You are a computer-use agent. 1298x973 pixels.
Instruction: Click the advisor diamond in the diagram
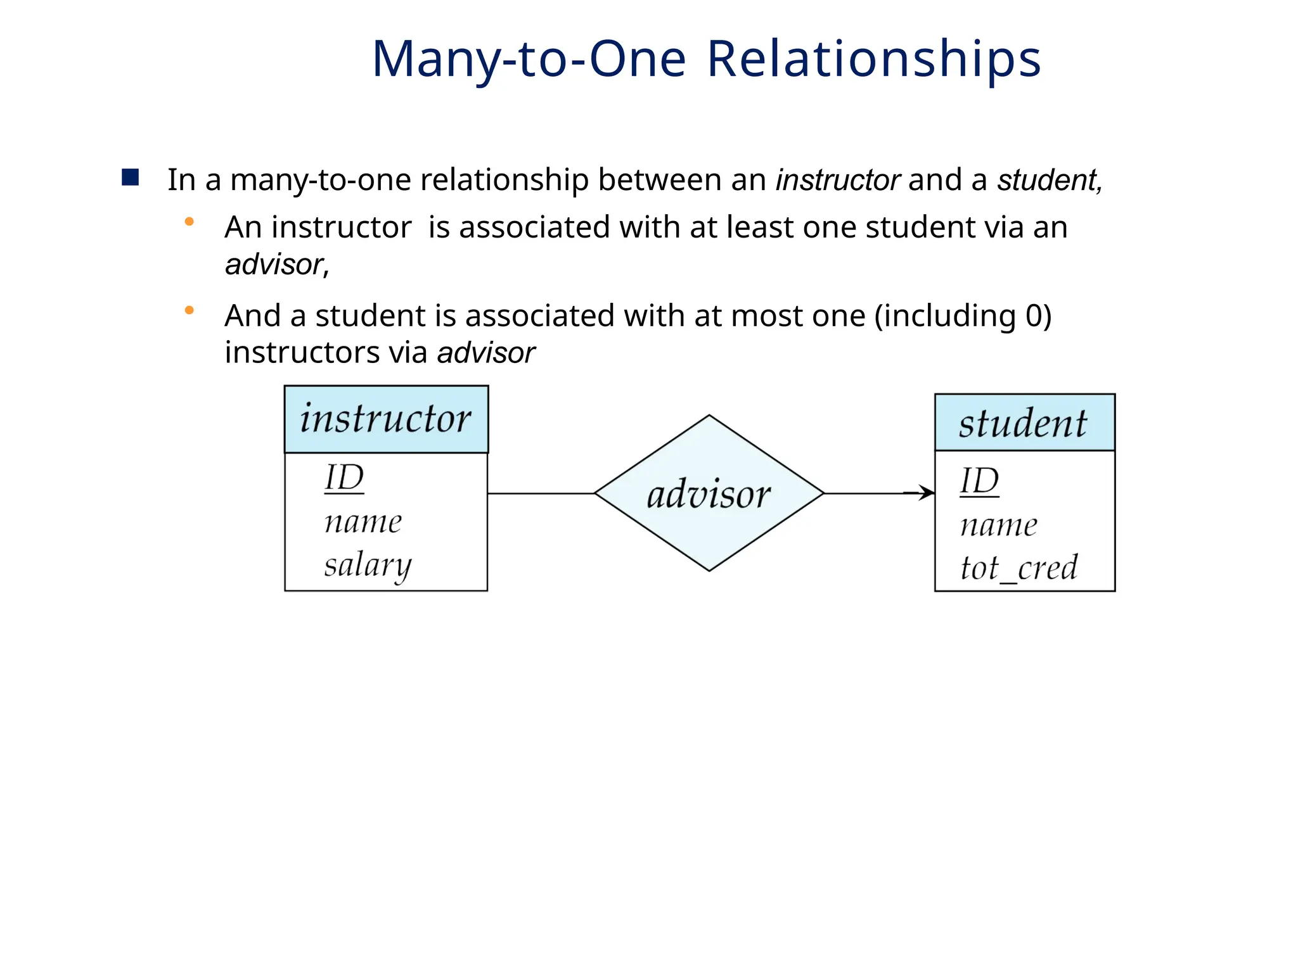pyautogui.click(x=709, y=493)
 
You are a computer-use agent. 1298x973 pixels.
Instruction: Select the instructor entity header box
pyautogui.click(x=386, y=419)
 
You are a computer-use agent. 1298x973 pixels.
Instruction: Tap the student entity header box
pyautogui.click(x=1024, y=423)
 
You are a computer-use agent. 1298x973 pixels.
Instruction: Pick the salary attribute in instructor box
pyautogui.click(x=368, y=565)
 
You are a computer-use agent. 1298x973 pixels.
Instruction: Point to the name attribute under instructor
pyautogui.click(x=363, y=523)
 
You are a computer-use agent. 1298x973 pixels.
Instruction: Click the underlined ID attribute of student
pyautogui.click(x=979, y=481)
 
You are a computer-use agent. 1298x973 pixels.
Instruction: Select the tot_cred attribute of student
pyautogui.click(x=1018, y=568)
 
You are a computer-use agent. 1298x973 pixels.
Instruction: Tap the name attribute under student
pyautogui.click(x=999, y=526)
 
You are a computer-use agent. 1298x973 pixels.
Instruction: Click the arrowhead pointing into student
pyautogui.click(x=929, y=493)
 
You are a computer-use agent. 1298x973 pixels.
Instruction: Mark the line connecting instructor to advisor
pyautogui.click(x=541, y=493)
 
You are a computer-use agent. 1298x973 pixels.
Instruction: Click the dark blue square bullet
pyautogui.click(x=131, y=177)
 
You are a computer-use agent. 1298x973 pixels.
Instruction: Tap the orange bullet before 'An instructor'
pyautogui.click(x=189, y=222)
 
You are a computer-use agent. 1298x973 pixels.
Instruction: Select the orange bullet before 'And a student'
pyautogui.click(x=189, y=310)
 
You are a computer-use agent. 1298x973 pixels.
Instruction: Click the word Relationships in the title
pyautogui.click(x=873, y=59)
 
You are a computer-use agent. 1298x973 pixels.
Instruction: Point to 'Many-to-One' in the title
pyautogui.click(x=529, y=59)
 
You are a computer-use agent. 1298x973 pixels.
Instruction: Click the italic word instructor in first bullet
pyautogui.click(x=837, y=180)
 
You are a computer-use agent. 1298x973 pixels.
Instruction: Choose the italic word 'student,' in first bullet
pyautogui.click(x=1050, y=180)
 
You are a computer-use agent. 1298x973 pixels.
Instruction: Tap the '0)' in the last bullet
pyautogui.click(x=1038, y=315)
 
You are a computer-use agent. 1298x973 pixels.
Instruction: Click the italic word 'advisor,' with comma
pyautogui.click(x=277, y=264)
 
